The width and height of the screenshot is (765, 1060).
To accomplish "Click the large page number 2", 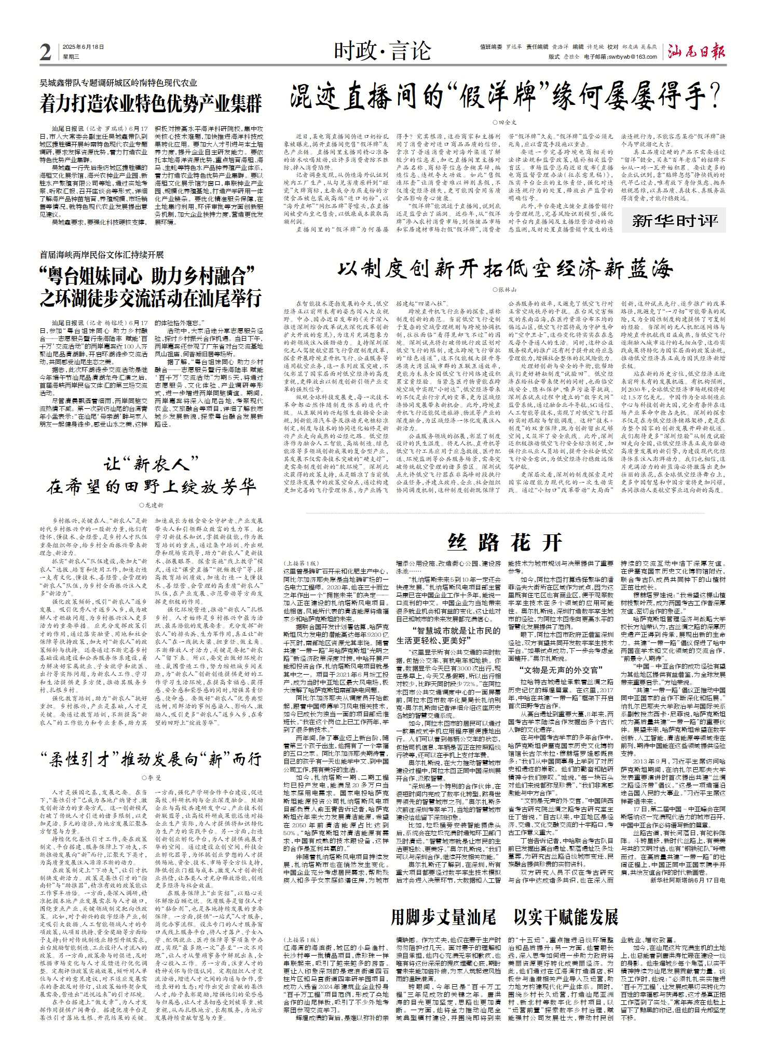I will pyautogui.click(x=46, y=52).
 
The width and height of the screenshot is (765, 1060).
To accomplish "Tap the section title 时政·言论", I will pyautogui.click(x=382, y=51).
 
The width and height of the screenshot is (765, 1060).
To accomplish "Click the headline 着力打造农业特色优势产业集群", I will pyautogui.click(x=151, y=103).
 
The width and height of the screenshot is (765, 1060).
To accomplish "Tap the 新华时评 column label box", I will pyautogui.click(x=674, y=221).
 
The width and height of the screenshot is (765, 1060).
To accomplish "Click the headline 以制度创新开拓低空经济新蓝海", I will pyautogui.click(x=505, y=269).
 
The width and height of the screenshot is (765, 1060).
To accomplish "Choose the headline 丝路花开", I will pyautogui.click(x=505, y=542).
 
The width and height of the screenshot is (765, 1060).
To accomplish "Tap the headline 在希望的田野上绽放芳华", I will pyautogui.click(x=151, y=487).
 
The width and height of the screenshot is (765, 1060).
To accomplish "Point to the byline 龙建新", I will pyautogui.click(x=151, y=505).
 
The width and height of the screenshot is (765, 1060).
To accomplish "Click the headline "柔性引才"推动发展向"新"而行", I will pyautogui.click(x=151, y=760).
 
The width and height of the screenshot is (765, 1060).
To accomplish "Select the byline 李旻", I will pyautogui.click(x=151, y=778).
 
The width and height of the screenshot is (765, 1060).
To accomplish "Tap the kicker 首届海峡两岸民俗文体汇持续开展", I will pyautogui.click(x=102, y=254).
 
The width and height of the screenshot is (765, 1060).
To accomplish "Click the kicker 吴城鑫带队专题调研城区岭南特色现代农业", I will pyautogui.click(x=119, y=83).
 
